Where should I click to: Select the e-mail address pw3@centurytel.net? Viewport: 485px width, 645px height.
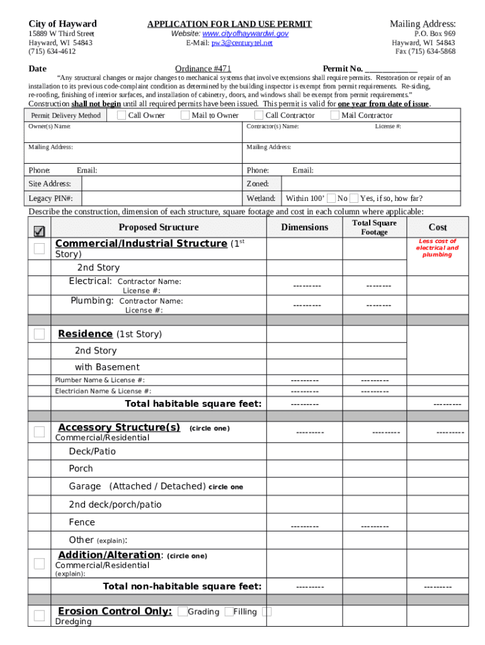click(242, 43)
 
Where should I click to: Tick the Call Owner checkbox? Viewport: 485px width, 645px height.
click(121, 115)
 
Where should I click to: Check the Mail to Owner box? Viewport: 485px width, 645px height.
click(185, 115)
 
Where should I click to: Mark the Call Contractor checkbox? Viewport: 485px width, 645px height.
click(258, 115)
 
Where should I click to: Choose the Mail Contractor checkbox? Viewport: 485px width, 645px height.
click(334, 115)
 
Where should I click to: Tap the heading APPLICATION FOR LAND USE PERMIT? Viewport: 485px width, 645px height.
click(229, 24)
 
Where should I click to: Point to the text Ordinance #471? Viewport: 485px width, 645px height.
click(203, 68)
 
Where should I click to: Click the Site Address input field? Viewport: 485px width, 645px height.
click(162, 184)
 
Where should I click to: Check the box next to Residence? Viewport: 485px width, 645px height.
click(39, 334)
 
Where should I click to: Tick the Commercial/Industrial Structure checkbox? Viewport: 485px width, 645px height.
click(39, 248)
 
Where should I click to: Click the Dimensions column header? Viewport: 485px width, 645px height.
click(304, 227)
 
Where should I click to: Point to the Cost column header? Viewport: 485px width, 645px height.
click(438, 227)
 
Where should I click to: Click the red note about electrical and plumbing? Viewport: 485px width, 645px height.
click(437, 248)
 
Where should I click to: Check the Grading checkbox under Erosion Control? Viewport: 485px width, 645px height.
click(182, 612)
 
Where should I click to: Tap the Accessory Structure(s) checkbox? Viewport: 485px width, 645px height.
click(39, 431)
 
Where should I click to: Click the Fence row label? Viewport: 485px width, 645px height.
click(82, 522)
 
